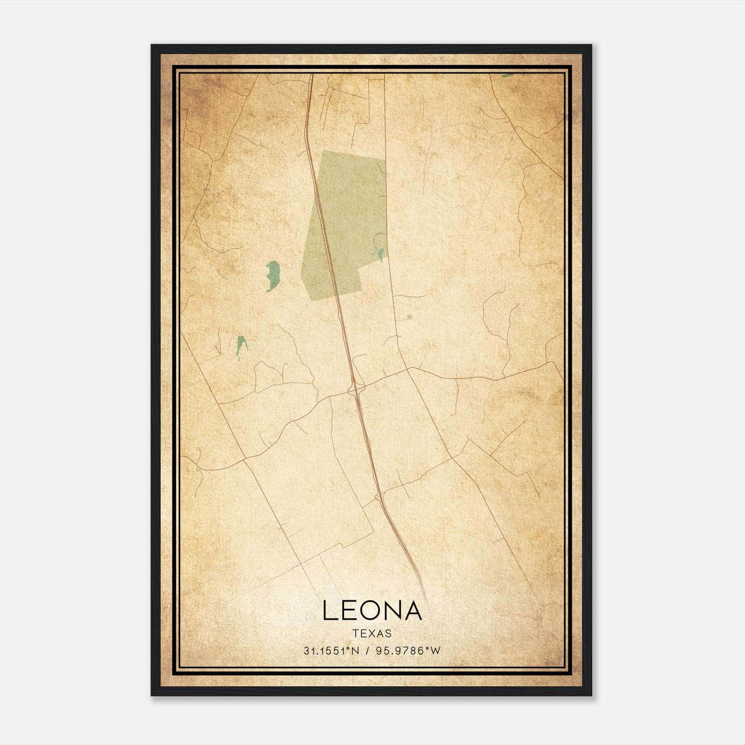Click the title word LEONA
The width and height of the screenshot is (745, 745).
(x=372, y=611)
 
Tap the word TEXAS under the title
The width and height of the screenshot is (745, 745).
(x=372, y=633)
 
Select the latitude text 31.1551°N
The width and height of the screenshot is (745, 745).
(x=332, y=651)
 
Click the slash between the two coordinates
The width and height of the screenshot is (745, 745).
(x=368, y=651)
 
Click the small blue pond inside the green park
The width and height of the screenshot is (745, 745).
(x=381, y=254)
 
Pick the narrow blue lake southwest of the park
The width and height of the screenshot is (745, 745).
(x=241, y=345)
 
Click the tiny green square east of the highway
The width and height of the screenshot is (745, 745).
(x=409, y=317)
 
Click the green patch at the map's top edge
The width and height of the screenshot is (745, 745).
(x=508, y=74)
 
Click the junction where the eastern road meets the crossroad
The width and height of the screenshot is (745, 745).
(x=408, y=368)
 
